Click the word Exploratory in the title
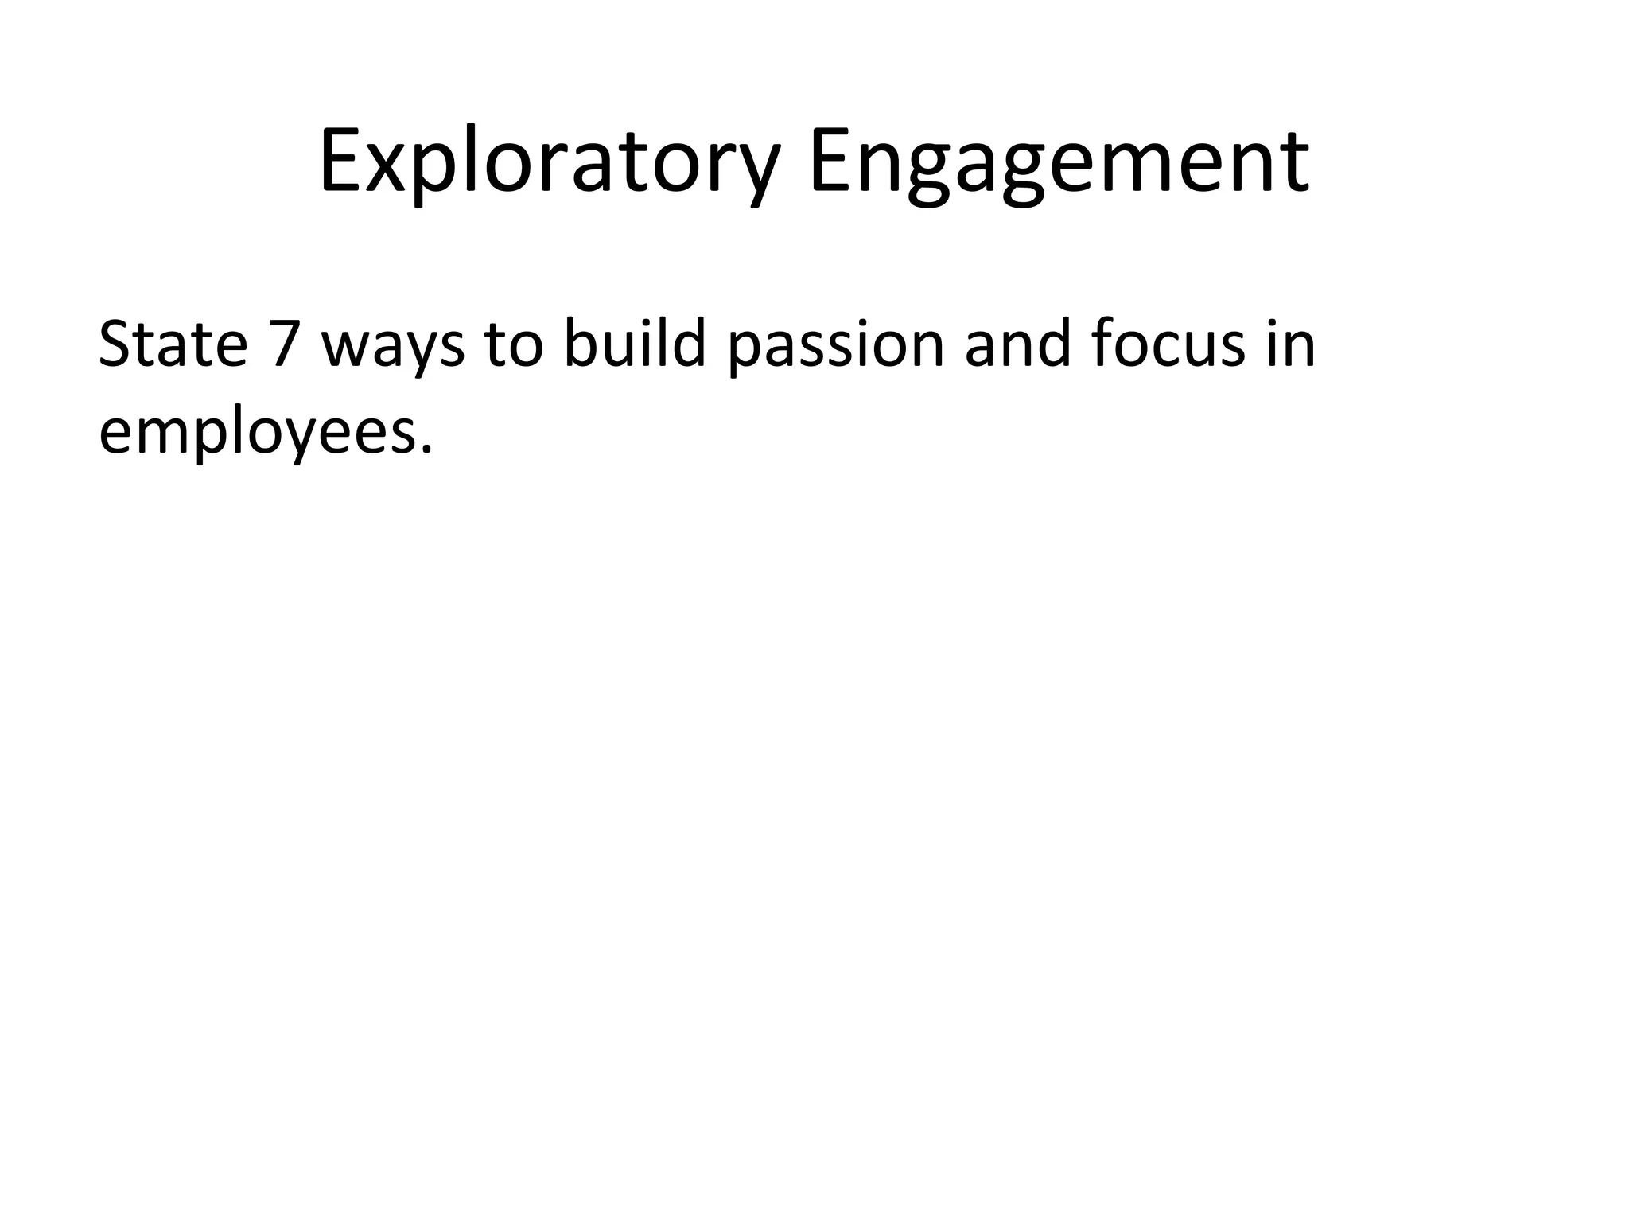[x=549, y=163]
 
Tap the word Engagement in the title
[x=1058, y=163]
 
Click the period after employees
[x=427, y=449]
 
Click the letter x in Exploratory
[x=387, y=171]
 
